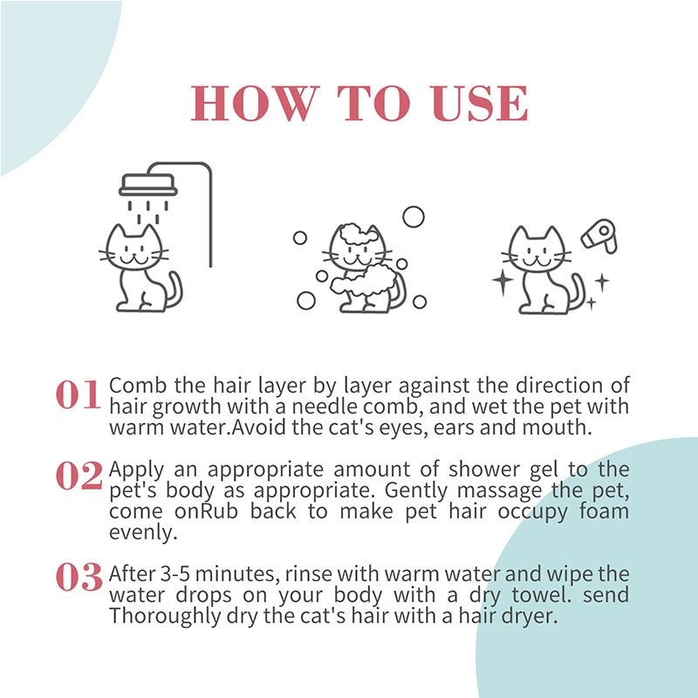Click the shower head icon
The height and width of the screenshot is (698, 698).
pos(147,185)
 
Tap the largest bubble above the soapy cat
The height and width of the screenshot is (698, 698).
pos(413,216)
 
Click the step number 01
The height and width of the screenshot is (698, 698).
pos(79,396)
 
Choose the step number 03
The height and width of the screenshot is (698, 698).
pos(79,578)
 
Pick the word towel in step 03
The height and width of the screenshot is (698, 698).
pos(523,595)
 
